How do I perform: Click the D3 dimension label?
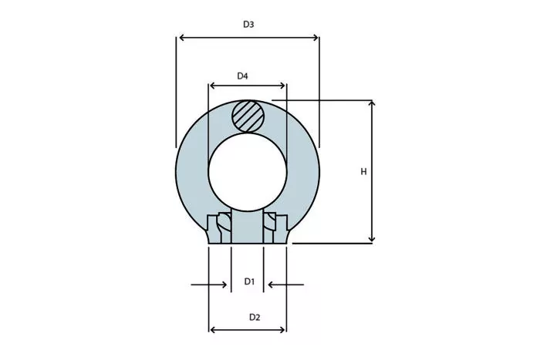(x=248, y=25)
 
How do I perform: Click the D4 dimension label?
(x=242, y=76)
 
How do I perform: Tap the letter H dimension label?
(x=363, y=172)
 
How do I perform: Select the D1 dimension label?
(x=249, y=282)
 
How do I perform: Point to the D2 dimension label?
(x=255, y=318)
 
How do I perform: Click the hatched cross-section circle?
(x=248, y=116)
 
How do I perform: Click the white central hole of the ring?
(x=248, y=172)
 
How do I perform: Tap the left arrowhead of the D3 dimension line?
(x=183, y=38)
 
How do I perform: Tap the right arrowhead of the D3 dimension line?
(x=315, y=38)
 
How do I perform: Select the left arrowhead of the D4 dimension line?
(x=213, y=86)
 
